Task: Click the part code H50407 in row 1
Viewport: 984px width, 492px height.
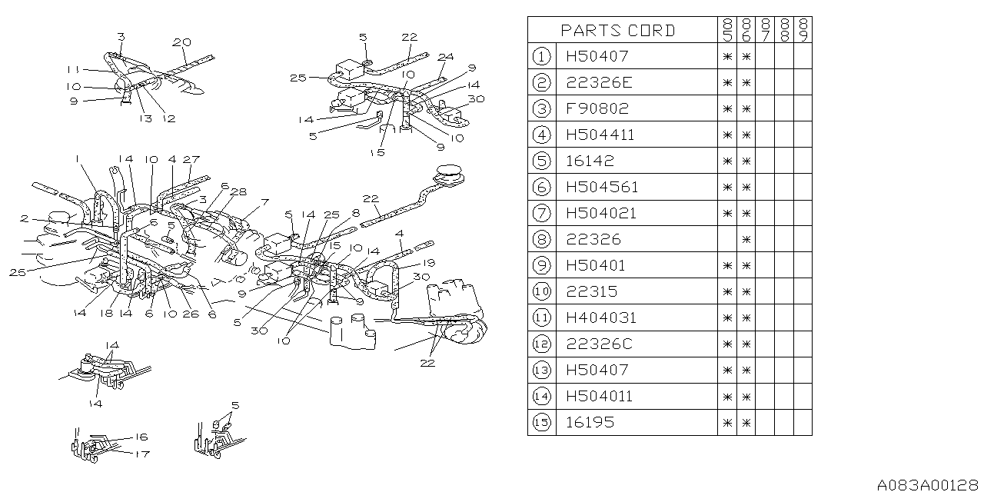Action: [597, 56]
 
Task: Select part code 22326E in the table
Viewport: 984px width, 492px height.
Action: [600, 82]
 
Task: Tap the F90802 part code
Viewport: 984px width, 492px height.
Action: [597, 108]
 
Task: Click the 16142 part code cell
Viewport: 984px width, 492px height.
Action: [590, 161]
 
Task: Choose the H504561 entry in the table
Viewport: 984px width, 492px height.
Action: [602, 187]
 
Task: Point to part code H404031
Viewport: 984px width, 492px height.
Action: [601, 317]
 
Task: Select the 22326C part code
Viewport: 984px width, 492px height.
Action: [599, 344]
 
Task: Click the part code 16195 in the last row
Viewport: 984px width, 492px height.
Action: [590, 422]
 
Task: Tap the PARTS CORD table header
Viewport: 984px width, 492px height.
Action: [618, 31]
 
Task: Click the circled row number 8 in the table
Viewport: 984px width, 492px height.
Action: [542, 239]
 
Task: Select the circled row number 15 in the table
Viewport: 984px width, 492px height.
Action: [542, 422]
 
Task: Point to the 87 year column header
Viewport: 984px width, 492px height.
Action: [766, 31]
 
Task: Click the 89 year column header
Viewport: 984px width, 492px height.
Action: [803, 31]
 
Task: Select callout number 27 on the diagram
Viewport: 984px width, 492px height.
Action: [191, 159]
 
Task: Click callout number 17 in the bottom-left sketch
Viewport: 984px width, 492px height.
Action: [141, 454]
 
